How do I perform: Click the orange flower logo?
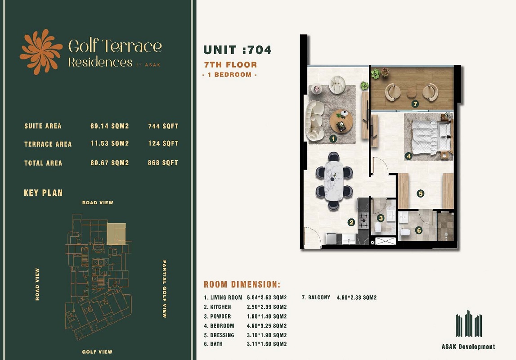coord(41,52)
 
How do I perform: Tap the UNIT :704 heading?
coord(238,49)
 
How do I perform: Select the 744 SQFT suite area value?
coord(163,126)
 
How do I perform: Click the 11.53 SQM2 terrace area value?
coord(110,144)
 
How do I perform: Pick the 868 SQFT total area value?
coord(163,162)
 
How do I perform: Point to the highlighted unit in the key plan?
coord(116,234)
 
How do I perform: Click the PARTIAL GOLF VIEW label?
coord(164,289)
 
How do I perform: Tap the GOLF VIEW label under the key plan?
coord(97,352)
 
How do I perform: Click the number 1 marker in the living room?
coord(333,139)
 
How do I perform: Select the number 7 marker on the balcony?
coord(415,104)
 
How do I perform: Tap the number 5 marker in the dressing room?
coord(421,193)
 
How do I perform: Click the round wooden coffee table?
coord(341,121)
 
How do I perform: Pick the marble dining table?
coord(334,180)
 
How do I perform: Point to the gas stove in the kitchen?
coord(363,220)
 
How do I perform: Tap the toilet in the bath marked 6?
coord(405,232)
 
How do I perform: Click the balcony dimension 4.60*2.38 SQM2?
coord(357,297)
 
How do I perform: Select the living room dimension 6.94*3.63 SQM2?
coord(267,297)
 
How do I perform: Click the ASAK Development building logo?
coord(469,324)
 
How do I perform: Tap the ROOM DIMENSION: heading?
coord(242,284)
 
